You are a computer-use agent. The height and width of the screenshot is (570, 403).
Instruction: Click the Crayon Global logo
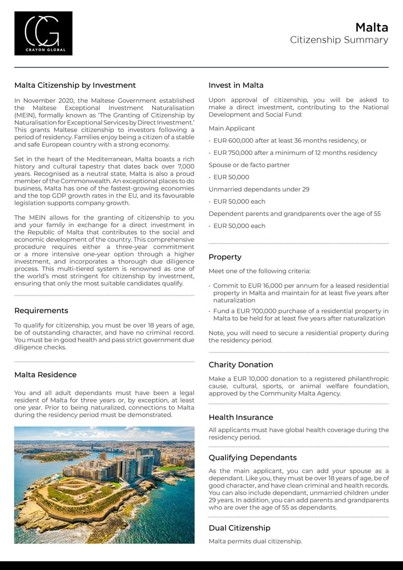pos(43,33)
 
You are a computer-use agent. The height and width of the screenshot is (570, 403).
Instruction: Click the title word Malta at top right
pos(372,27)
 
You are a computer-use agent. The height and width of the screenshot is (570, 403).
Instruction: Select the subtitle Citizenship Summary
pos(339,40)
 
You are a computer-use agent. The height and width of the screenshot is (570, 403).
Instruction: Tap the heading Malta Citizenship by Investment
pos(75,85)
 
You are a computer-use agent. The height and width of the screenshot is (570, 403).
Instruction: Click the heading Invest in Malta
pos(236,85)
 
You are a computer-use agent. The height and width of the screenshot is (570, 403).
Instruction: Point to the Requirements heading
pos(41,310)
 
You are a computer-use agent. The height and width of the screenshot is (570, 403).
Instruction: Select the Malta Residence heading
pos(45,375)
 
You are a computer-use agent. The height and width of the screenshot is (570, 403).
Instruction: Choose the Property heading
pos(225,257)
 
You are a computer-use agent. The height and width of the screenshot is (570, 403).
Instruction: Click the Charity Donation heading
pos(241,365)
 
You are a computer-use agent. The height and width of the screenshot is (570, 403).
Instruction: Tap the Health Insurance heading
pos(241,417)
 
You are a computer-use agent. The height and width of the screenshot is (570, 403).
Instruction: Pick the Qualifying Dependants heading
pos(252,458)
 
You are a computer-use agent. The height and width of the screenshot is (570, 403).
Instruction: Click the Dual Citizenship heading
pos(239,528)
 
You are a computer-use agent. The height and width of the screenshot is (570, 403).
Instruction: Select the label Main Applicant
pos(232,128)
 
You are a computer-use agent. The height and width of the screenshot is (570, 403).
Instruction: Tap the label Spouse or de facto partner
pos(249,165)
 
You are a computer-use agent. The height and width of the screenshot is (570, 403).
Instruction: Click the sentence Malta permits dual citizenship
pos(255,541)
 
